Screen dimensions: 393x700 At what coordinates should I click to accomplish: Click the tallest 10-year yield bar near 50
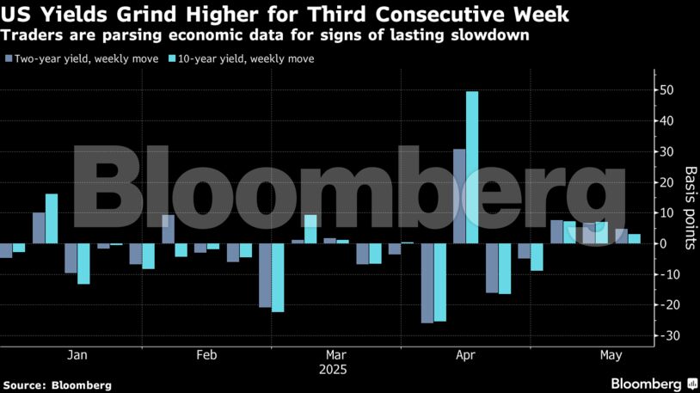coord(472,167)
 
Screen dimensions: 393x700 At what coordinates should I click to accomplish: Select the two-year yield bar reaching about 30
coord(459,196)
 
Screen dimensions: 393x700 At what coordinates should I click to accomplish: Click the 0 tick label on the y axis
coord(663,244)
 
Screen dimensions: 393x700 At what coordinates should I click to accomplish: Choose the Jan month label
coord(77,354)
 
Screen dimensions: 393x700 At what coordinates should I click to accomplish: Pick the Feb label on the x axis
coord(206,354)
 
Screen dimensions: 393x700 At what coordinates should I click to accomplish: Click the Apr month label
coord(466,354)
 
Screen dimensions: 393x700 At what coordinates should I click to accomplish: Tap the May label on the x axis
coord(611,354)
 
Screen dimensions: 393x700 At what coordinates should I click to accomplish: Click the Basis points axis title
coord(689,207)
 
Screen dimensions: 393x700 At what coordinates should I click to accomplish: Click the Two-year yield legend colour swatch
coord(9,59)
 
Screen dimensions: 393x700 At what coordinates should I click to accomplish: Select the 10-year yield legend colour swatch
coord(173,59)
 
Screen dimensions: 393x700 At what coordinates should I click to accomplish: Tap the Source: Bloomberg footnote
coord(58,385)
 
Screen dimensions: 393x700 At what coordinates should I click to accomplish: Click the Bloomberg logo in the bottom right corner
coord(653,383)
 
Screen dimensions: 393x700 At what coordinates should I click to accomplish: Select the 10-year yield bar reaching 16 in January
coord(52,218)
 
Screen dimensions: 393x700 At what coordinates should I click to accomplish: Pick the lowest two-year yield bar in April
coord(427,283)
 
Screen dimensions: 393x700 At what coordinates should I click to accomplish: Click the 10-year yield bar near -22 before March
coord(278,277)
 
